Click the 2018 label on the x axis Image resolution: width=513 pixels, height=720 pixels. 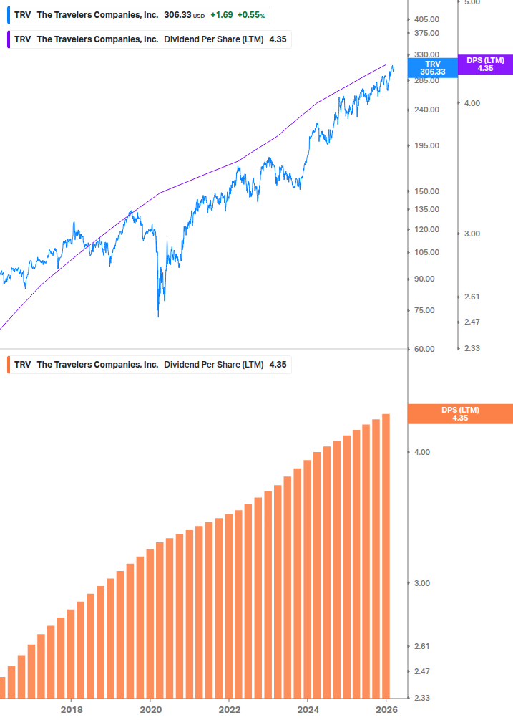(71, 710)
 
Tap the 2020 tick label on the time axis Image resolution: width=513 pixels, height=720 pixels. (150, 710)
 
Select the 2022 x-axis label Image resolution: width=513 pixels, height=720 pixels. (229, 710)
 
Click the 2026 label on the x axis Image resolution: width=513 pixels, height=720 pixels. (386, 710)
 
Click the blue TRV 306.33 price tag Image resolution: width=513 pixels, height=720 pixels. (432, 67)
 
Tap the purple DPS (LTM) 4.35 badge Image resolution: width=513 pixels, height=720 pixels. (485, 64)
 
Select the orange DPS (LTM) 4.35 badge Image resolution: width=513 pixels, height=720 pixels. (459, 413)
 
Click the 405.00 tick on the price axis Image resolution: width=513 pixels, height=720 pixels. (426, 19)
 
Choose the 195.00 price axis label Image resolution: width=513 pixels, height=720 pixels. (426, 145)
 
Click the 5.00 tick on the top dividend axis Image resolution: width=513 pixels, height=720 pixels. (472, 3)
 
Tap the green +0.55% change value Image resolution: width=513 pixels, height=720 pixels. (253, 14)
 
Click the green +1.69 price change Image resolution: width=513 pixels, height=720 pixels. (221, 14)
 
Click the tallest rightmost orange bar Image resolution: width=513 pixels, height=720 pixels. (386, 555)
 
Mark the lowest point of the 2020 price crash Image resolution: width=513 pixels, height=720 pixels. (158, 316)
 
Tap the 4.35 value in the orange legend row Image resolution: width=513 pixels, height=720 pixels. (278, 365)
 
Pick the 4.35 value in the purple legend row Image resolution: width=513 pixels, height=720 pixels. (278, 39)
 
